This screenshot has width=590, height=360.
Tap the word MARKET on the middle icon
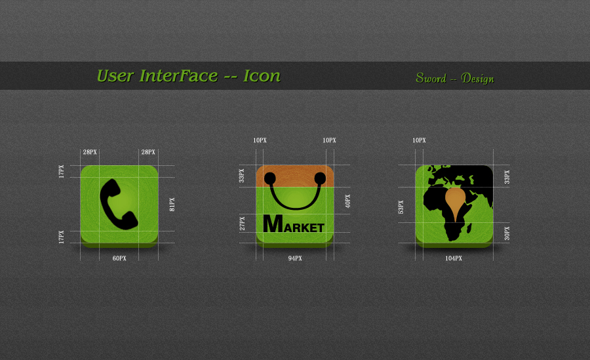point(294,224)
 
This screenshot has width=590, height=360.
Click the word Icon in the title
point(262,76)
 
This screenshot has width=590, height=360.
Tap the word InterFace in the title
point(178,76)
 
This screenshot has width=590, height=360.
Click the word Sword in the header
point(431,78)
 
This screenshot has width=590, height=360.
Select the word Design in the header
point(477,79)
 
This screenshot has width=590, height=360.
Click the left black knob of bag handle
point(270,178)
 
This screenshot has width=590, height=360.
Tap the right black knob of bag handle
point(320,178)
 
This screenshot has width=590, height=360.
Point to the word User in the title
point(115,76)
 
